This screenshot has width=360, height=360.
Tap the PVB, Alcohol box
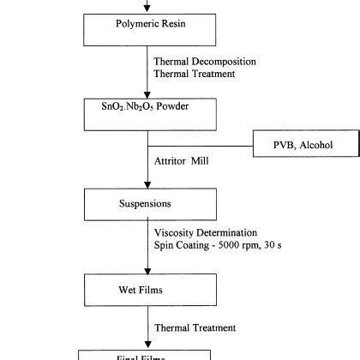click(292, 145)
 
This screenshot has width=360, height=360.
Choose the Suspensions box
click(147, 204)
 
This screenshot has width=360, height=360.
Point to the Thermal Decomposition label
click(205, 62)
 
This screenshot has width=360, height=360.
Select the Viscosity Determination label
click(206, 233)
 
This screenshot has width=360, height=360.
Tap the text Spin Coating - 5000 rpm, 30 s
click(215, 247)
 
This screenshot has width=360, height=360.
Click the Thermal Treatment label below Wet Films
click(194, 327)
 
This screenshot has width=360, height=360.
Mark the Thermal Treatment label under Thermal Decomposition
click(194, 75)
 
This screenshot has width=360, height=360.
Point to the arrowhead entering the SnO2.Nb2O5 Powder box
click(147, 94)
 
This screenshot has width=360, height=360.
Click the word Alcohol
click(307, 145)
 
